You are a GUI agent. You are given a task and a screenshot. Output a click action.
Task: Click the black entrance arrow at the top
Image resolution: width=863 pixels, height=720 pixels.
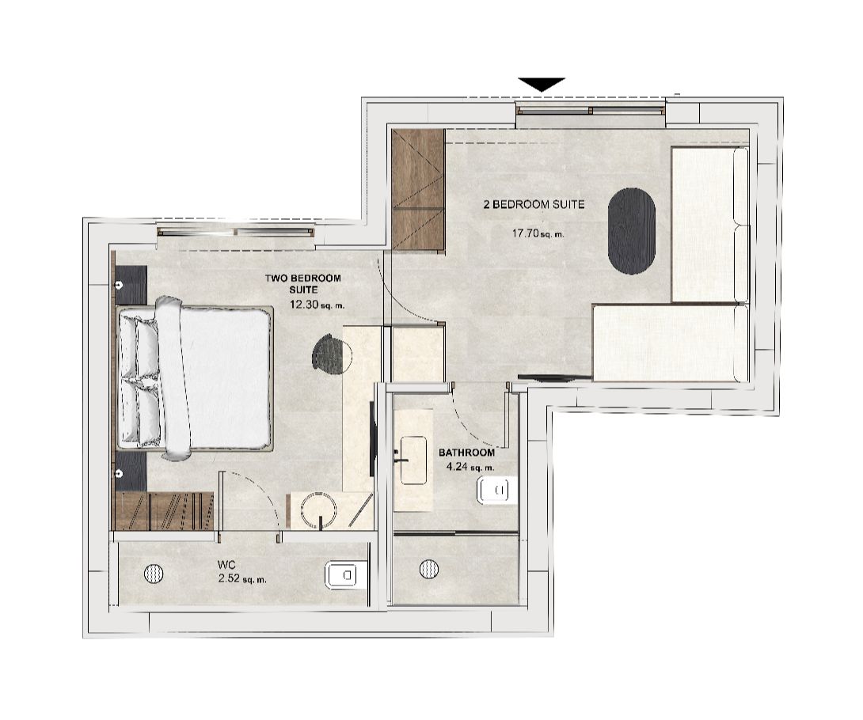[x=542, y=84]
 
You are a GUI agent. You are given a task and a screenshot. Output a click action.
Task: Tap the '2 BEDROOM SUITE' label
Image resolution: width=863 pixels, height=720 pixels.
[x=534, y=204]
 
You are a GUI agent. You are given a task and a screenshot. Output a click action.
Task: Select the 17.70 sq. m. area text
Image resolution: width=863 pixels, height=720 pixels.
[x=538, y=233]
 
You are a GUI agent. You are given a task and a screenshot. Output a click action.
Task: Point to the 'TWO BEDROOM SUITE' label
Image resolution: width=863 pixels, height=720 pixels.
[x=303, y=283]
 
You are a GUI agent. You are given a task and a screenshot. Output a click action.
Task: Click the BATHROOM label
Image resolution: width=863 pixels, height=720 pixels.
[x=466, y=453]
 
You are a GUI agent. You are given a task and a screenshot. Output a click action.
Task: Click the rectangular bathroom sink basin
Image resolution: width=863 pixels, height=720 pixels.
[x=413, y=460]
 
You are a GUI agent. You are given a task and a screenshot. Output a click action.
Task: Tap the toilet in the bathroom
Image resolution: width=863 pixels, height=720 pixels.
[x=496, y=491]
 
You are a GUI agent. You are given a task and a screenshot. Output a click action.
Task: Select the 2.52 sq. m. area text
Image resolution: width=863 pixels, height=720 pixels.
[x=241, y=579]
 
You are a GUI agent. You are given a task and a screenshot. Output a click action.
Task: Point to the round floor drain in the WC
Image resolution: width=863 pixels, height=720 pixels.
[x=154, y=574]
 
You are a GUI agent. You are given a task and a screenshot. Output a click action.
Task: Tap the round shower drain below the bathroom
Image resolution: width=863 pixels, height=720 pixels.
[x=428, y=567]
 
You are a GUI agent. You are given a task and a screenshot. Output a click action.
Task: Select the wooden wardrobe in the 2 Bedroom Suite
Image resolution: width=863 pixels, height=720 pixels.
[x=417, y=190]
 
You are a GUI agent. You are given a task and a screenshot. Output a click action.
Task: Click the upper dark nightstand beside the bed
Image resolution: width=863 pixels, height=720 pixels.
[x=131, y=282]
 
